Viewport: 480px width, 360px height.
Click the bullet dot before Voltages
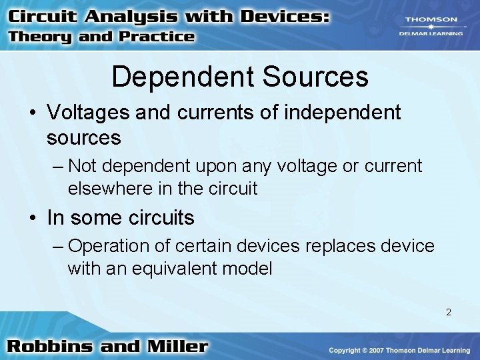coord(33,113)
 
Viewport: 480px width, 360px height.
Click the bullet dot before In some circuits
coord(33,218)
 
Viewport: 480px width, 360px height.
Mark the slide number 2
coord(449,311)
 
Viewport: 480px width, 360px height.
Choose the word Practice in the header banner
coord(157,37)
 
